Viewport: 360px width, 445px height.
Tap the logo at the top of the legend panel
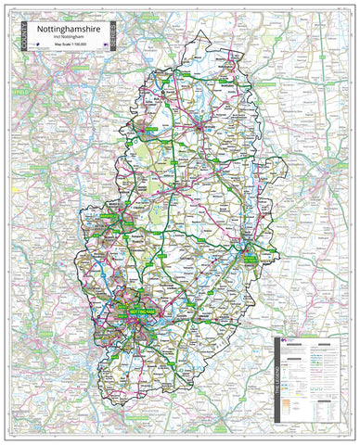pos(284,341)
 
